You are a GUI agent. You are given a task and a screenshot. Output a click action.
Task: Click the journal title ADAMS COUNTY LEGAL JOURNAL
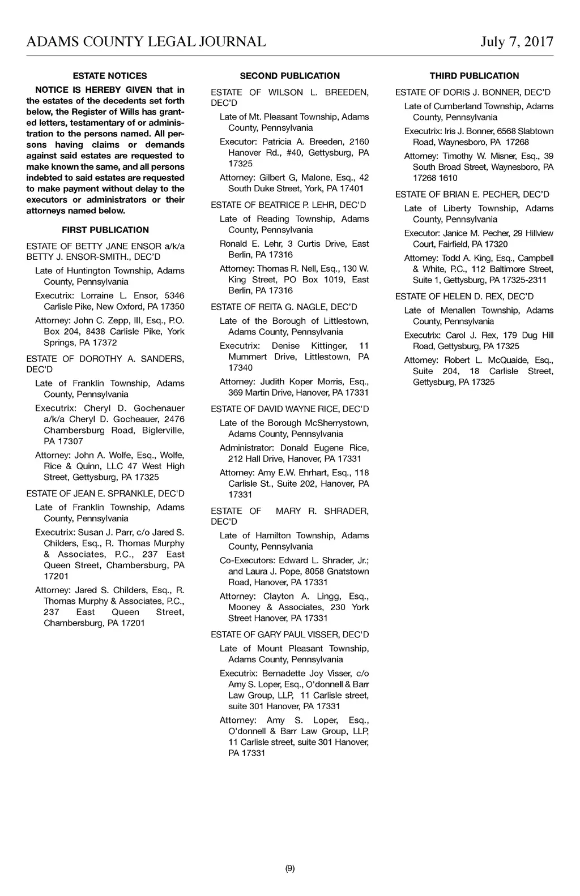146,42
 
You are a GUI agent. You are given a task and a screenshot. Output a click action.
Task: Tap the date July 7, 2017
517,42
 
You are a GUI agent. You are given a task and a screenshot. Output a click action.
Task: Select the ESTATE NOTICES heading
110,76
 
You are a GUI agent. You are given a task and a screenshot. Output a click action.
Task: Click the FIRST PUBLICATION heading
105,230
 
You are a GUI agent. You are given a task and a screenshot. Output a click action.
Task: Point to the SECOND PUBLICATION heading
290,76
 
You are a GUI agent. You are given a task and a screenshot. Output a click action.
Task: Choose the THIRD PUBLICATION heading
474,76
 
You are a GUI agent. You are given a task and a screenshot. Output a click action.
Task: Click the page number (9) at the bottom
290,868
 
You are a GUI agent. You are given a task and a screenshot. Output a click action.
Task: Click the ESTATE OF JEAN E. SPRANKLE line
105,494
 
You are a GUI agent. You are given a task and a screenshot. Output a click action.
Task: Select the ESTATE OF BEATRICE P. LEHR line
289,205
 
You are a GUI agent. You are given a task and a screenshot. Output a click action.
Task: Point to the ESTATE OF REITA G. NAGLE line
284,307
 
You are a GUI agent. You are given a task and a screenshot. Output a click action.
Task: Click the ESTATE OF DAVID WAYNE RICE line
290,409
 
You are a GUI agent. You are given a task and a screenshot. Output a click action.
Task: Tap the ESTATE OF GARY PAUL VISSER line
290,635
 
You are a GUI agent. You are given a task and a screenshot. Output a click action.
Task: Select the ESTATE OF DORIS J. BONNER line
473,92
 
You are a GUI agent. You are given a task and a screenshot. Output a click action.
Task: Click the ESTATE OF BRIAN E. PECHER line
472,194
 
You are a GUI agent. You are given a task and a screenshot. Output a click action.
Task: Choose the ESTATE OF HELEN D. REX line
465,296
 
